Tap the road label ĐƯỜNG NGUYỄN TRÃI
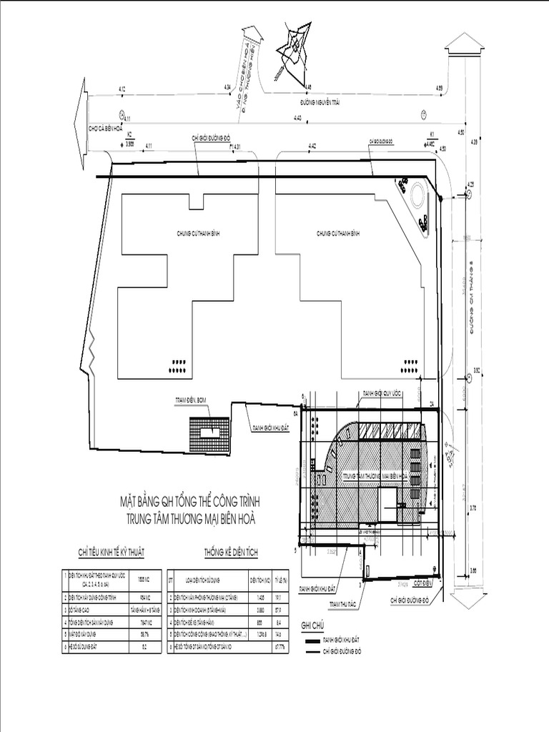319,103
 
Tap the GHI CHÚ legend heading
313,624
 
